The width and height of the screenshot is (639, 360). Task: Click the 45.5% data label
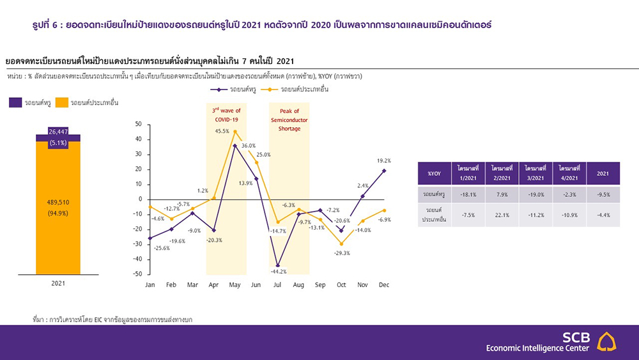tap(222, 131)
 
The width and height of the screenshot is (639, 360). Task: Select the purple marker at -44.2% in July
tap(278, 265)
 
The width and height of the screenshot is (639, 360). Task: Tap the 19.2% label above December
tap(384, 160)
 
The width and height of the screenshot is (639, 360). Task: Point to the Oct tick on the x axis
tap(341, 285)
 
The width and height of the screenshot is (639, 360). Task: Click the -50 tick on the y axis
tap(139, 274)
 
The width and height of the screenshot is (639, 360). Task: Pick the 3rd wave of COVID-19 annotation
tap(226, 115)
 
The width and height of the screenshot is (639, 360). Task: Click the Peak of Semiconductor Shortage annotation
tap(289, 120)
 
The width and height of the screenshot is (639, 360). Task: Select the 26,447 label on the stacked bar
tap(58, 131)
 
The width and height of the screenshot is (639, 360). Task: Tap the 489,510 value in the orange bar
tap(58, 202)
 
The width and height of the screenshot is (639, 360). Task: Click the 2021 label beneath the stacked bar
tap(58, 283)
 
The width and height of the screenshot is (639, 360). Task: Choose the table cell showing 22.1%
tap(502, 215)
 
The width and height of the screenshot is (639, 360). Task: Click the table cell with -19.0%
tap(536, 194)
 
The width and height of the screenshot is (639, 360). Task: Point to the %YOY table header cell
tap(435, 173)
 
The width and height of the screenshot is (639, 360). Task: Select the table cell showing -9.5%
tap(603, 194)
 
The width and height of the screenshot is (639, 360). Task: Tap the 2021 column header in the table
tap(603, 173)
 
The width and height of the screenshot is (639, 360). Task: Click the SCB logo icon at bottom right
tap(606, 341)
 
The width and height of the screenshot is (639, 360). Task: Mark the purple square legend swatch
tap(15, 102)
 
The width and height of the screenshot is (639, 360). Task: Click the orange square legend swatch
tap(62, 102)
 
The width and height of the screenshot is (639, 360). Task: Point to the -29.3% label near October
tap(341, 253)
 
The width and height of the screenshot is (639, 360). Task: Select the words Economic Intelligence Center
tap(537, 348)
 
